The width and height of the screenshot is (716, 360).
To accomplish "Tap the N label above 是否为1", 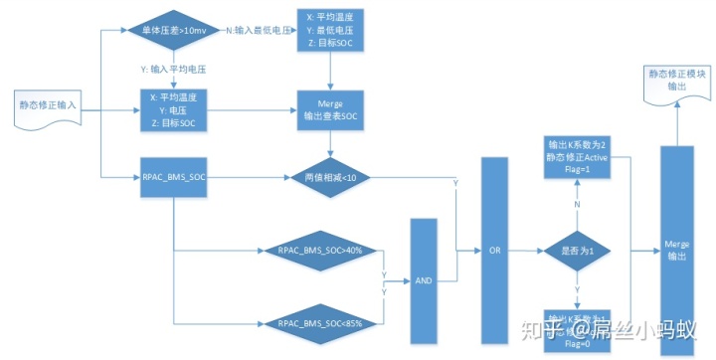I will tap(576, 203).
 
